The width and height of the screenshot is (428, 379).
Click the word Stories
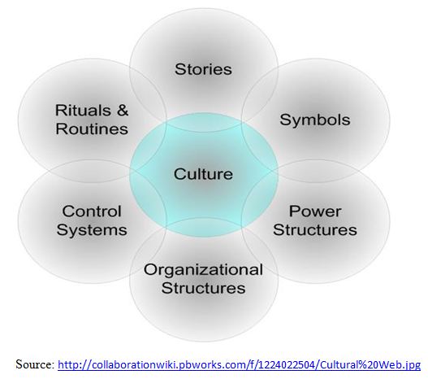coord(203,69)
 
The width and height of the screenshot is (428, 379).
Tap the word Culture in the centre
coord(203,174)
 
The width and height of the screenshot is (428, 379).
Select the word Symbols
coord(315,120)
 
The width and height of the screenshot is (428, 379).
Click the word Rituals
coord(83,111)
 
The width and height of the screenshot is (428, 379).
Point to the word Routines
coord(92,129)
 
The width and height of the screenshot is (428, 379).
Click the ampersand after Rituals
coord(123,111)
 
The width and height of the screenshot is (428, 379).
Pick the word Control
coord(92,211)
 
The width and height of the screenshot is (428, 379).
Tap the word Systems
coord(92,230)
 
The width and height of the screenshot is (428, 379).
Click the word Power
coord(315,211)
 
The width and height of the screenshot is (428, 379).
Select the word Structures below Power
coord(315,230)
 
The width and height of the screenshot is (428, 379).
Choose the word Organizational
coord(203,270)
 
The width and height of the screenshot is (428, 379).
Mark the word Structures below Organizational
coord(203,288)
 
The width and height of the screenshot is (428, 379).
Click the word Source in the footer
coord(35,364)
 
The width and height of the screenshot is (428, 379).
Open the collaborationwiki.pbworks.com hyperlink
coord(239,365)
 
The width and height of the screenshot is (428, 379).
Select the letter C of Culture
coord(179,174)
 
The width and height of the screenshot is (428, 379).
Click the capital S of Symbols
coord(285,120)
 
